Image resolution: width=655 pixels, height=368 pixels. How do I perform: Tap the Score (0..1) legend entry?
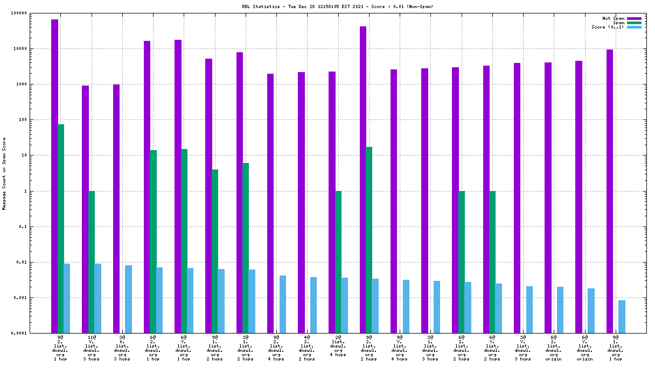click(x=608, y=27)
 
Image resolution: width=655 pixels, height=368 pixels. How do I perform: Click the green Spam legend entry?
click(x=619, y=23)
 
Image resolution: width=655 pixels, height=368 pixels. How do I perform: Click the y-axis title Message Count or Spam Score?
click(x=5, y=173)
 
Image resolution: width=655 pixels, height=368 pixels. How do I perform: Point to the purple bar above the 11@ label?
click(x=85, y=209)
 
